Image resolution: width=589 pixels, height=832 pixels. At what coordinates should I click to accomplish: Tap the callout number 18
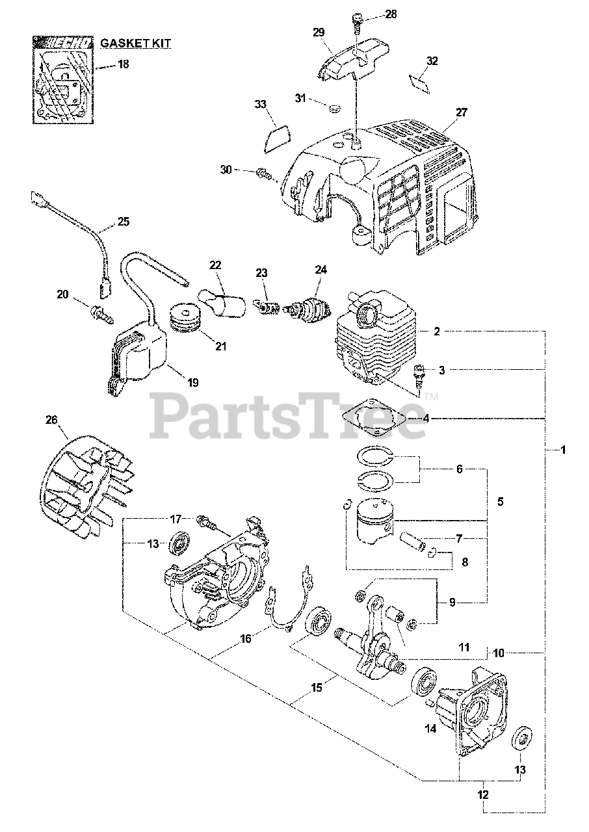(124, 64)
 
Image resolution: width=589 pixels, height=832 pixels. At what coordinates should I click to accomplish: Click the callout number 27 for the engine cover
(461, 112)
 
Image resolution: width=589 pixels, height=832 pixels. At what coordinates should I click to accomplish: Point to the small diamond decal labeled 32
(417, 81)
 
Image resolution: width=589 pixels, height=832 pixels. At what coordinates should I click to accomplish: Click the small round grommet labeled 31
(337, 107)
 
